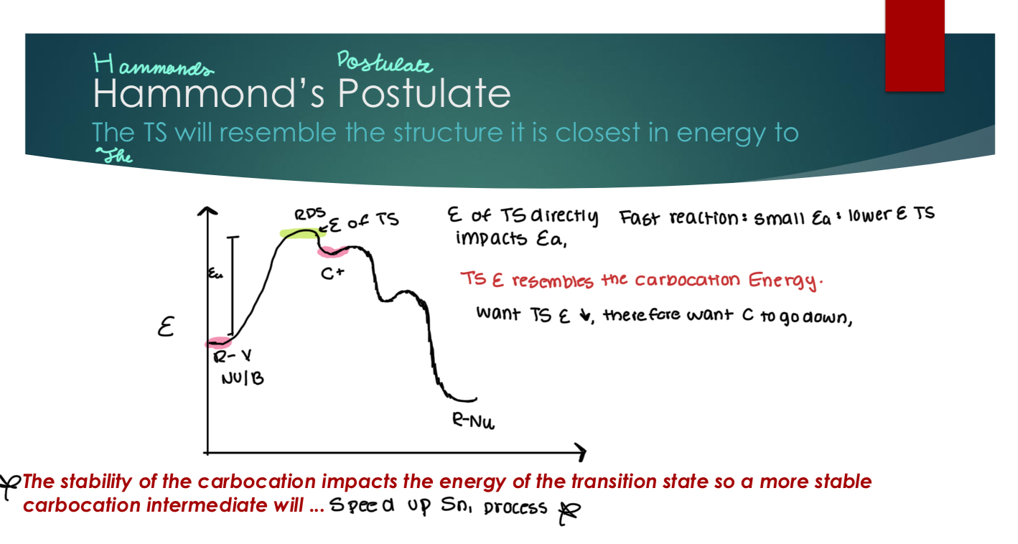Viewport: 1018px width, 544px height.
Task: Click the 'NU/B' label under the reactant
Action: tap(241, 378)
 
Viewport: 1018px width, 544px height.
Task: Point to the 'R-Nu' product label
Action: tap(472, 423)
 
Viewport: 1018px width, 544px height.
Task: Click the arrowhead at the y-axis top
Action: tap(207, 211)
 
